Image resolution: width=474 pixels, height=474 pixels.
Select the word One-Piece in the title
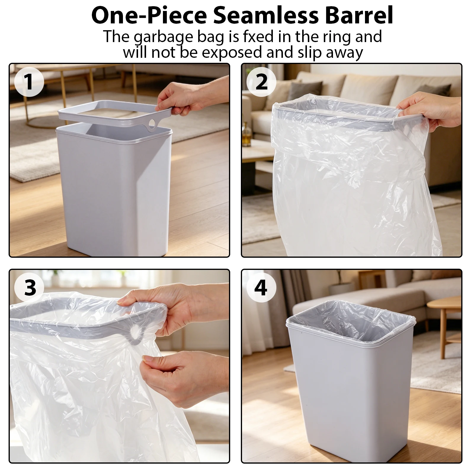pos(149,15)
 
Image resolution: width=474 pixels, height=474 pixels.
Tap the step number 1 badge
pos(29,81)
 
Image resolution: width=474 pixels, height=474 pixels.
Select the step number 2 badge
pos(261,81)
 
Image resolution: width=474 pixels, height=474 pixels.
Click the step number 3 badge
pos(29,287)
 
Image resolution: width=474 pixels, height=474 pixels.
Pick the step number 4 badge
pos(261,287)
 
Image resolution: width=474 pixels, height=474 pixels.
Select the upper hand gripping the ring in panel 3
pos(175,311)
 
